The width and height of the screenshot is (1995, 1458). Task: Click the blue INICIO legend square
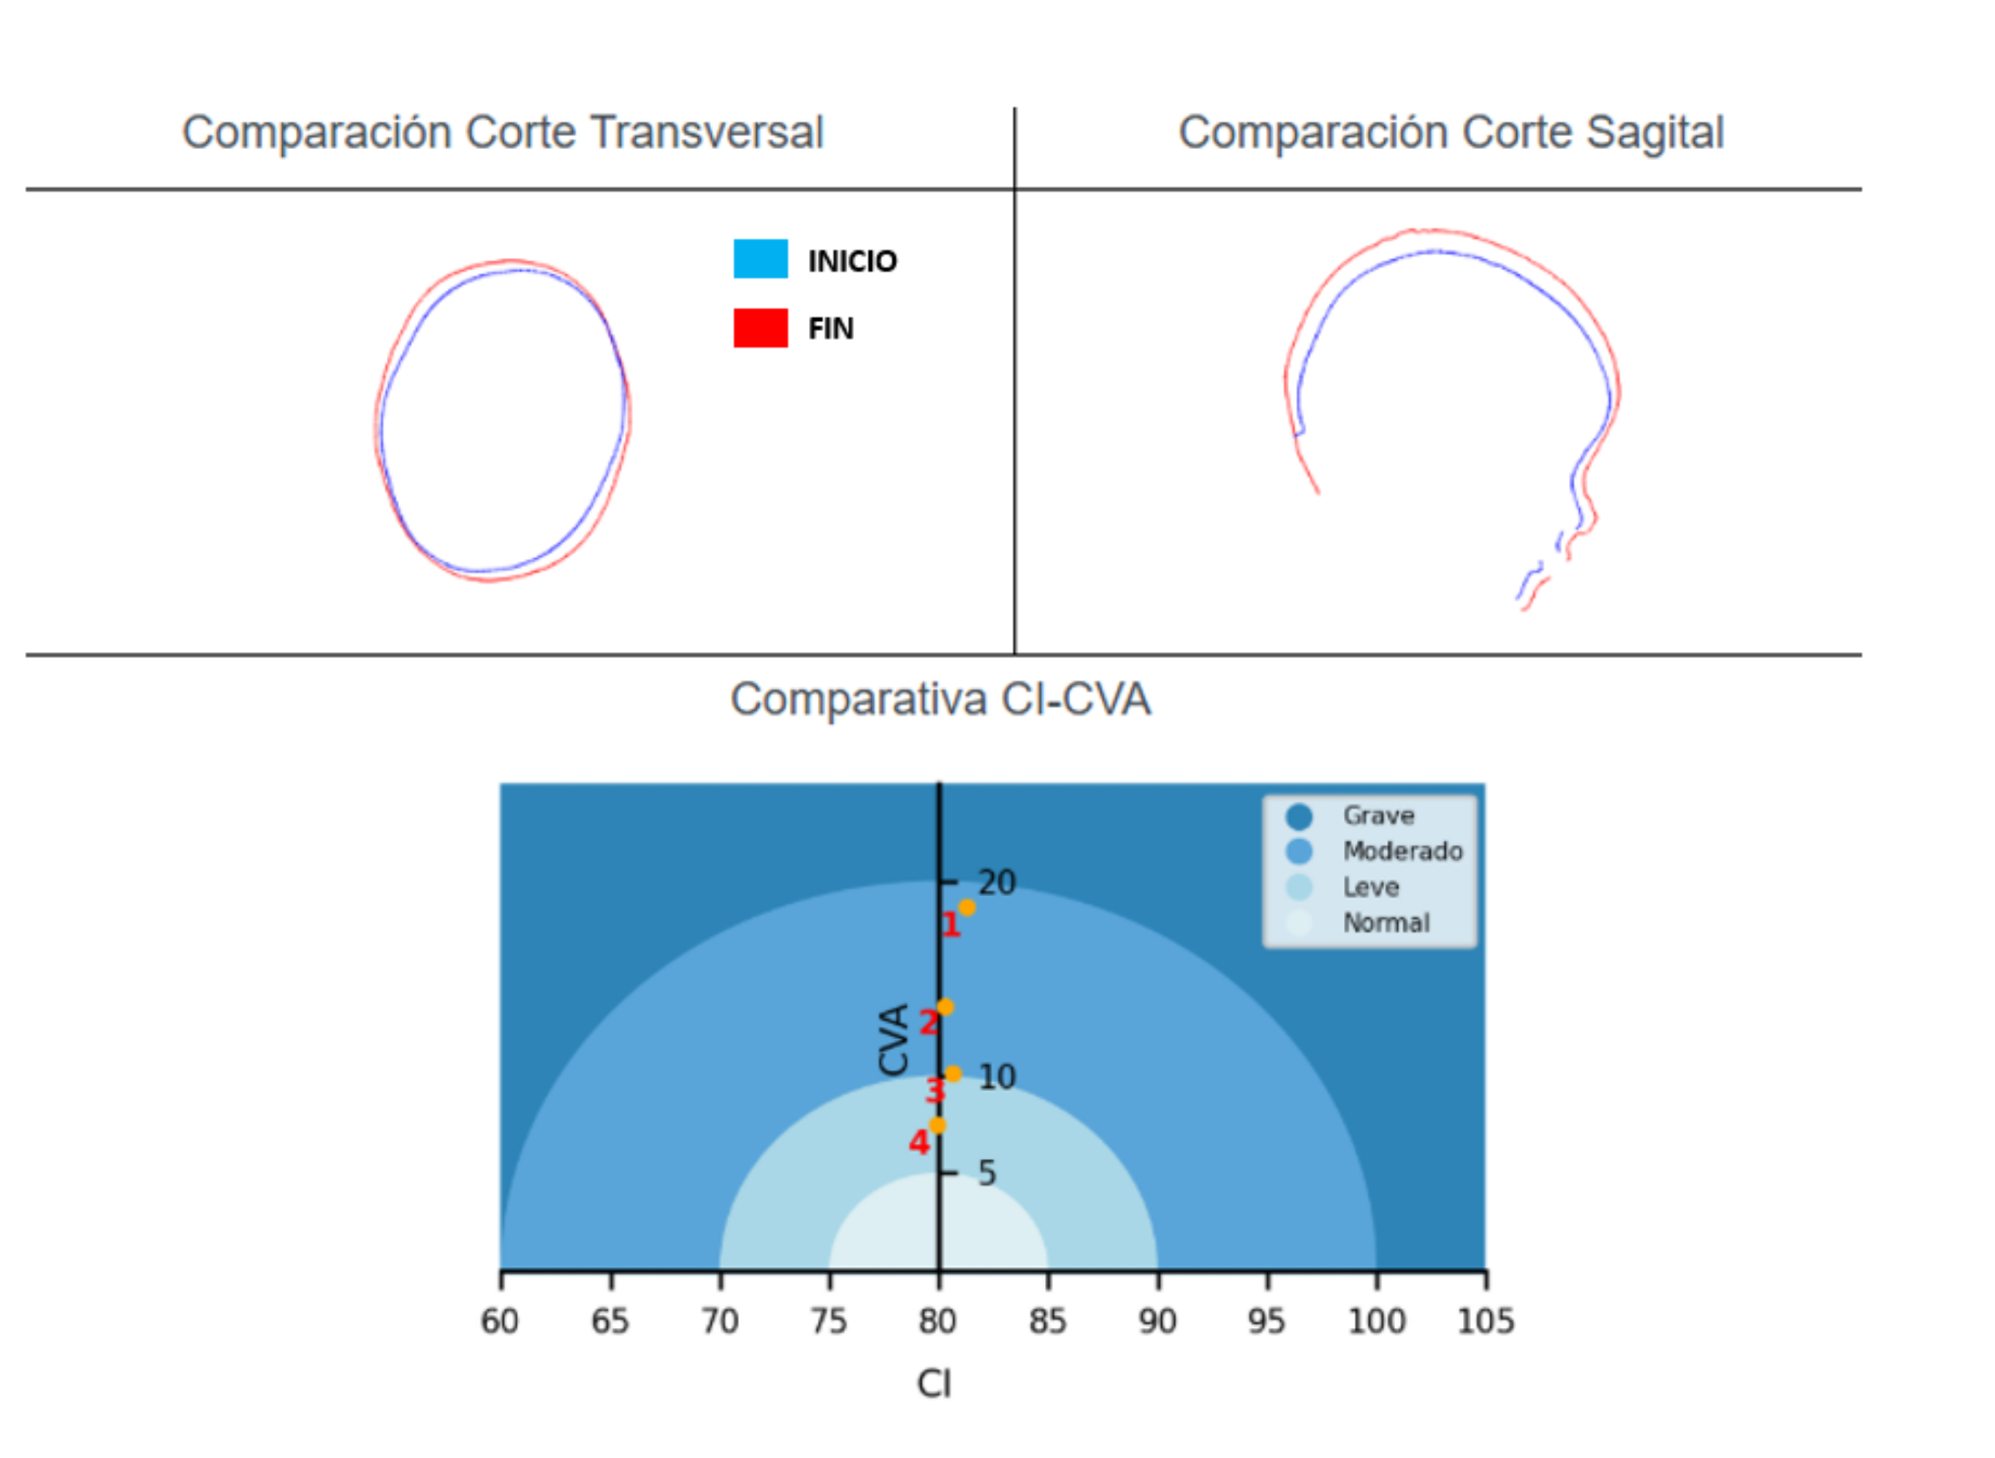tap(761, 259)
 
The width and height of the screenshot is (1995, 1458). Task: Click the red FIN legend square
tap(761, 327)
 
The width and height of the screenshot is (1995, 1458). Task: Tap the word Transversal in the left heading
tap(707, 132)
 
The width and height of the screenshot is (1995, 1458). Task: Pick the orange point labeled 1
tap(967, 907)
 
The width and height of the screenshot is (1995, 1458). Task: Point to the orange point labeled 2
tap(945, 1007)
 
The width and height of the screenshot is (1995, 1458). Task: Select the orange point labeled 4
tap(937, 1125)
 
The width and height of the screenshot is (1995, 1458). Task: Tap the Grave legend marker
tap(1299, 816)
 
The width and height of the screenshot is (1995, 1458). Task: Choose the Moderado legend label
tap(1403, 851)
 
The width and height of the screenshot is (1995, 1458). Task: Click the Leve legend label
tap(1371, 887)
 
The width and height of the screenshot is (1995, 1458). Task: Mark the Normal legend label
tap(1386, 923)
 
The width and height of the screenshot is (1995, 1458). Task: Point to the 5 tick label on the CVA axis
tap(987, 1173)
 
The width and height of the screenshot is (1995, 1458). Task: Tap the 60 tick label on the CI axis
tap(499, 1321)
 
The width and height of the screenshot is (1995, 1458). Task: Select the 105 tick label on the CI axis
tap(1486, 1321)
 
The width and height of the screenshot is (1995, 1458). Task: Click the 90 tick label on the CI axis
tap(1157, 1321)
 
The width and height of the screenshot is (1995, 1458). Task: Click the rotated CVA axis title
tap(894, 1040)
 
